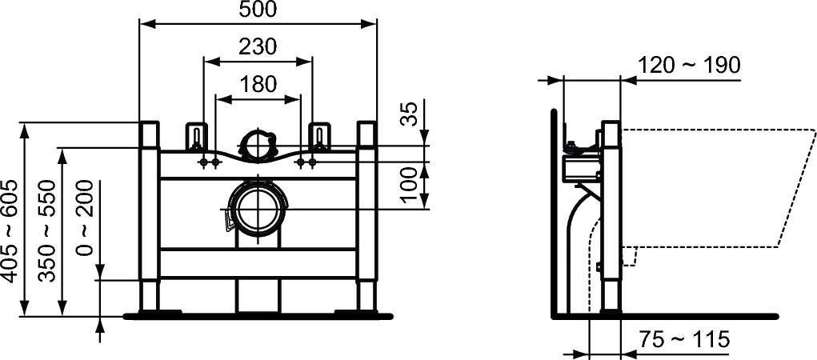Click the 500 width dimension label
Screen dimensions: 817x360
click(258, 10)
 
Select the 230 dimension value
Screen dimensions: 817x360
click(258, 47)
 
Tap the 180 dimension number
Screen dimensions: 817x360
click(258, 84)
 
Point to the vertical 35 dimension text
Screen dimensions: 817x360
click(411, 114)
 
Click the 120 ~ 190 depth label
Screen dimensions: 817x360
click(689, 66)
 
